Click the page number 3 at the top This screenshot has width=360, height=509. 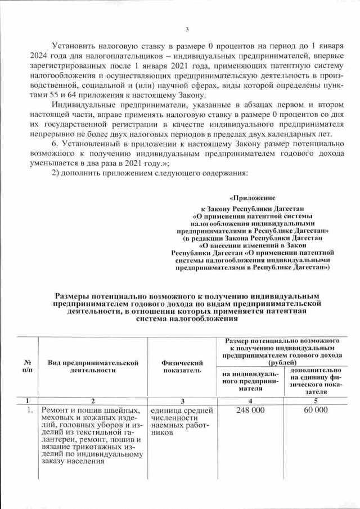(187, 30)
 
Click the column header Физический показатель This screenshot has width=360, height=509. (182, 367)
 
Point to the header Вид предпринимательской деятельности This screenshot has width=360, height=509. (93, 367)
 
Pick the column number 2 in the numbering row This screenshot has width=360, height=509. (93, 400)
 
